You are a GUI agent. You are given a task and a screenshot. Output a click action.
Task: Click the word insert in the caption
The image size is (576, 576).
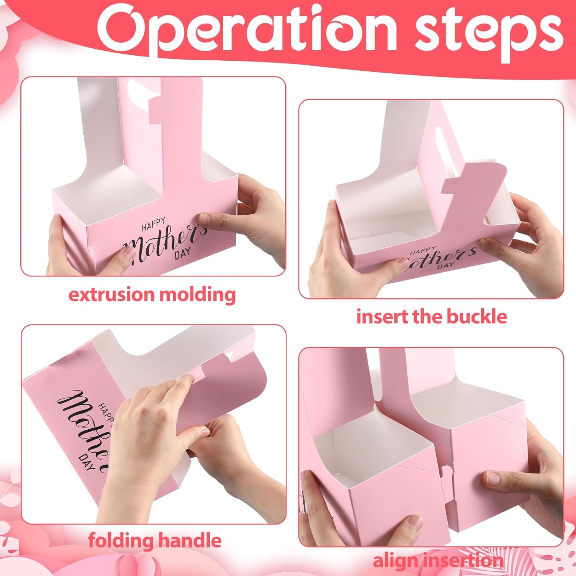382,317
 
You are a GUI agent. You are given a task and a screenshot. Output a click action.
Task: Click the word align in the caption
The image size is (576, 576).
395,561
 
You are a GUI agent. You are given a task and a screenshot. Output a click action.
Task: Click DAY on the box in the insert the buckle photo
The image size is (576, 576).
447,265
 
